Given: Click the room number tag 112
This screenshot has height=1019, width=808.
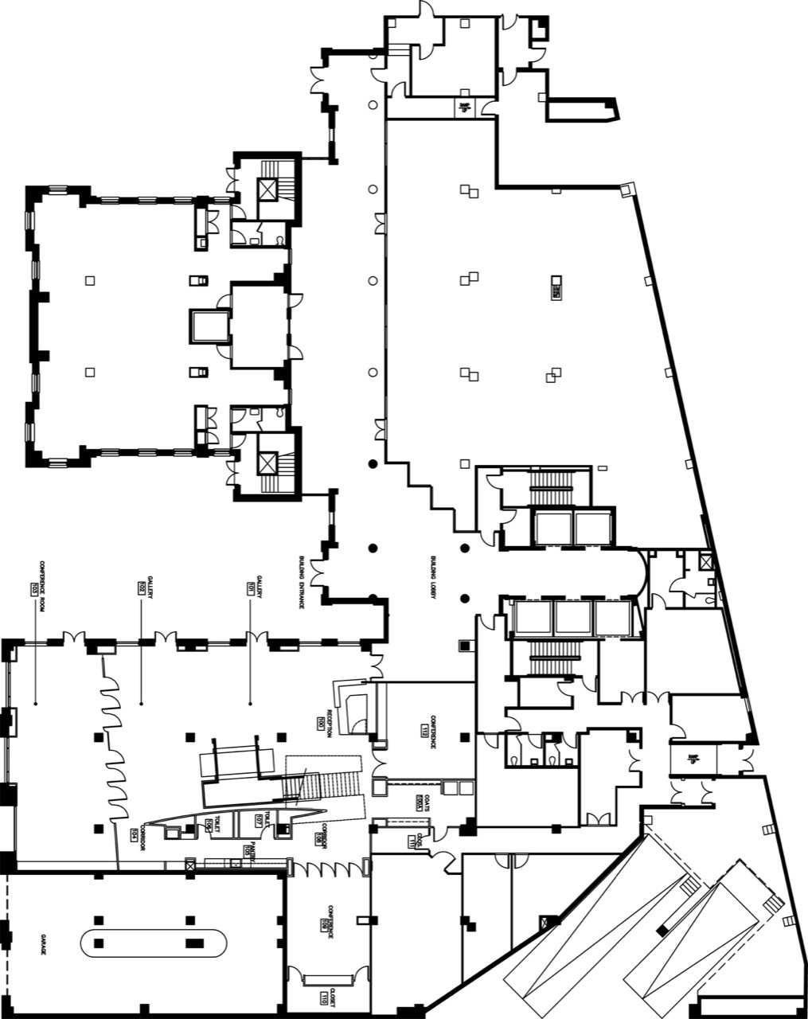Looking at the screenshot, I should click(x=425, y=729).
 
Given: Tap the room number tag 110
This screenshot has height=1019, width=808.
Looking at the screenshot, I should click(x=324, y=998).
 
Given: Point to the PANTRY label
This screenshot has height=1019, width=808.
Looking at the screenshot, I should click(x=253, y=850).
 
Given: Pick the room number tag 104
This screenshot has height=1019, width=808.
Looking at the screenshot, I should click(x=134, y=834).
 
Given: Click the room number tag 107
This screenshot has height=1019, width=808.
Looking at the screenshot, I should click(x=260, y=820).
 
